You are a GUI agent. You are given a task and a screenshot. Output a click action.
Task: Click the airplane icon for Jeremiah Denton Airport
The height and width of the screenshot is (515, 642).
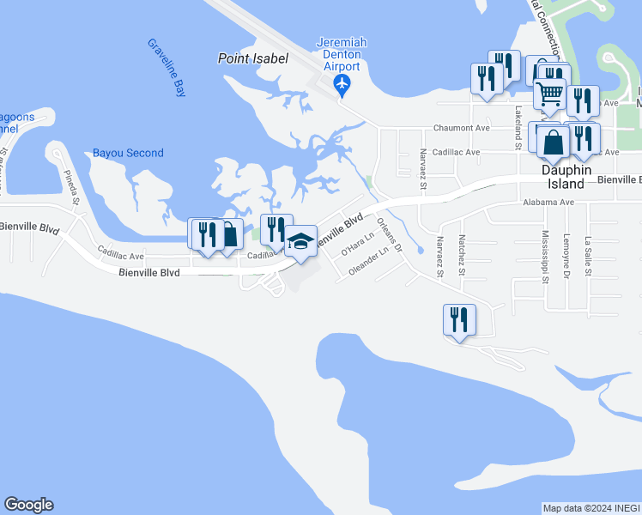(x=342, y=84)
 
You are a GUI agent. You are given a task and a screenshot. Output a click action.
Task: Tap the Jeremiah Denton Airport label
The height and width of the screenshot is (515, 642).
(x=339, y=54)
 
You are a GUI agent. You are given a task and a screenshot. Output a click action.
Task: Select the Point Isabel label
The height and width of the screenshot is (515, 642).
(x=252, y=58)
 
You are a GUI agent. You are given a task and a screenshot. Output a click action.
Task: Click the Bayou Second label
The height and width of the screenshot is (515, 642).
(x=128, y=153)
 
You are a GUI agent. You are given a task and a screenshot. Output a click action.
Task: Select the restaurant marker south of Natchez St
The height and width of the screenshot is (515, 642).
(x=457, y=319)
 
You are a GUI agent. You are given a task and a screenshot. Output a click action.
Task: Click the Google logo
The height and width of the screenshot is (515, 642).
(x=28, y=505)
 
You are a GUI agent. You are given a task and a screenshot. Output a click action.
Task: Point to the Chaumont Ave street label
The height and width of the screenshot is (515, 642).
(x=459, y=127)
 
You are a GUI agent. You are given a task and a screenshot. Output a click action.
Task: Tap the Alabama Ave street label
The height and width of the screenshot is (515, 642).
(x=548, y=203)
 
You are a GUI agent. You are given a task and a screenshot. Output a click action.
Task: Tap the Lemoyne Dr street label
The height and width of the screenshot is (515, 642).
(x=566, y=257)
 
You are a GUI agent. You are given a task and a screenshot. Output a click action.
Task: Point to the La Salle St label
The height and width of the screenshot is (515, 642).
(x=588, y=256)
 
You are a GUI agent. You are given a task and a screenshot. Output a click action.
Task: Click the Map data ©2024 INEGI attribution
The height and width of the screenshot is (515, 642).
(x=591, y=508)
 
